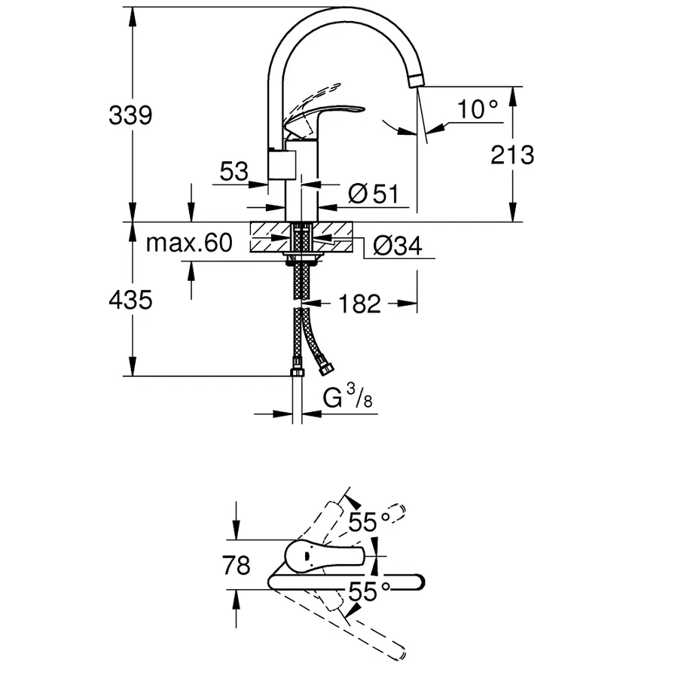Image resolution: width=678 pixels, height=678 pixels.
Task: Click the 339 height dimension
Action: pos(130,115)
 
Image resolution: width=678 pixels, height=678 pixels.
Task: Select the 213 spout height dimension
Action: pos(512,154)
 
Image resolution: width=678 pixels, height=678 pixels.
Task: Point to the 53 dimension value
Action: pos(234,171)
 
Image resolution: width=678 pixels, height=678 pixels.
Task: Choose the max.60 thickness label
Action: pos(188,243)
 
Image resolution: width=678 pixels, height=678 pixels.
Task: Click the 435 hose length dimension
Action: pos(130,300)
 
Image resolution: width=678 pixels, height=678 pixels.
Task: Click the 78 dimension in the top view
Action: pos(237,565)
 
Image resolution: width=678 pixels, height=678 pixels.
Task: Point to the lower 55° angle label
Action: pos(368,592)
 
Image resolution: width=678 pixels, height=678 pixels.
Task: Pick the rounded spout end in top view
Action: pos(417,581)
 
